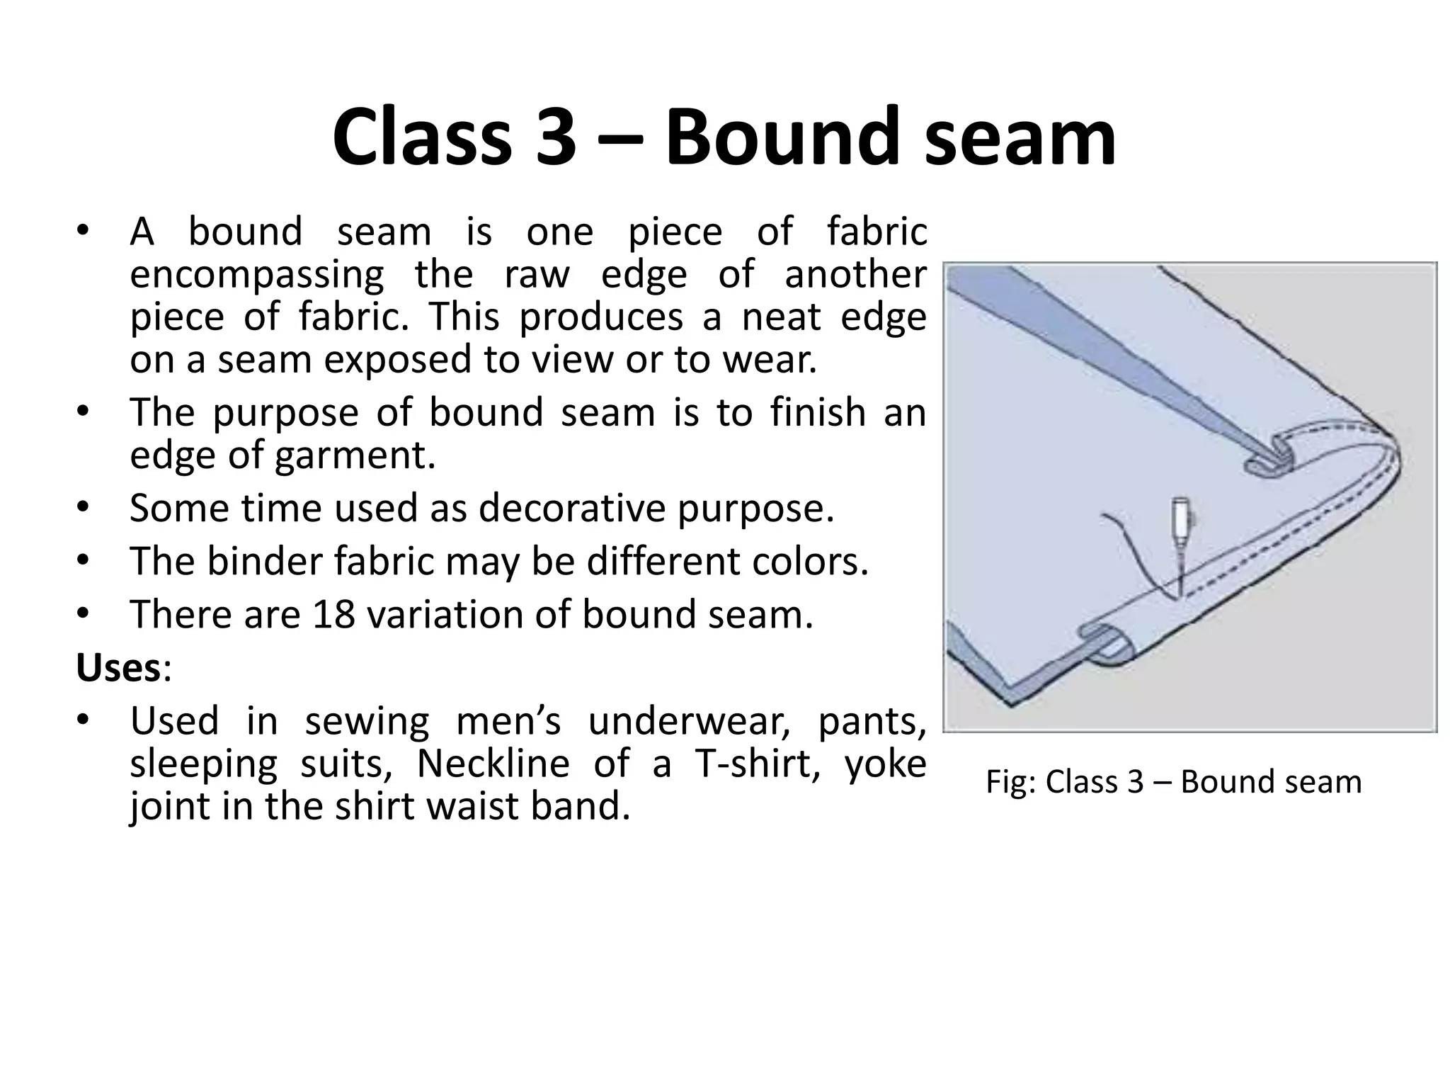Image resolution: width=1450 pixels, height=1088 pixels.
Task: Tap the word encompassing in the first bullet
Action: click(257, 275)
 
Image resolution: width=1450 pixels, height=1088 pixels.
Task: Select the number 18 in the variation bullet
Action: click(333, 614)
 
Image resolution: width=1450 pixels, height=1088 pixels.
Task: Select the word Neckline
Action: click(493, 764)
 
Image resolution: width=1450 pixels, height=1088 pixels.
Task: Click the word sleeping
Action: click(204, 764)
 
